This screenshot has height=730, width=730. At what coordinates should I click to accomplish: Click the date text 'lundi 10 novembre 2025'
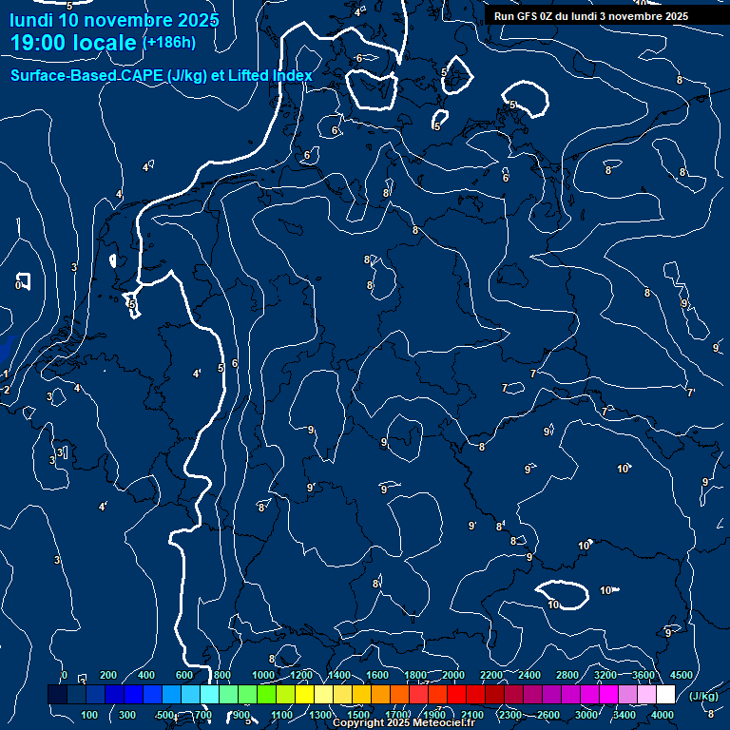pos(114,20)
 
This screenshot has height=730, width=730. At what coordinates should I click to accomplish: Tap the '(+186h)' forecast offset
pos(169,42)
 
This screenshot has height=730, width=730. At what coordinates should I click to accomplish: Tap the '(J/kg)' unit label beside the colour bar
pos(702,697)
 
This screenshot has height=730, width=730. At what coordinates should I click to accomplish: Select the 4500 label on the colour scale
pos(681,675)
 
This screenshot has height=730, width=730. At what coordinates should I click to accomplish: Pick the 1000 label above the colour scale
pos(263,675)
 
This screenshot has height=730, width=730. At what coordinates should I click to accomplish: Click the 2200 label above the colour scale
pos(491,675)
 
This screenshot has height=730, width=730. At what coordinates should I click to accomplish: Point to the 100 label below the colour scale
pos(89,715)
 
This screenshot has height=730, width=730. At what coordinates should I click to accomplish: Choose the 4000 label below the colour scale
pos(663,715)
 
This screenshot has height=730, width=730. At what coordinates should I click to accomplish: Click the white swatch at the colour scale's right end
pos(665,695)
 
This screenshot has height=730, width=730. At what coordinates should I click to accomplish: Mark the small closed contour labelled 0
pos(23,281)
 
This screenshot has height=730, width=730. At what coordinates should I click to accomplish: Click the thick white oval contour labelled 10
pos(561,594)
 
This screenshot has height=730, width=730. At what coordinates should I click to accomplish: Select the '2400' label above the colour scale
pos(529,675)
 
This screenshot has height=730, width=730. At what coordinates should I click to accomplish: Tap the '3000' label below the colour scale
pos(586,715)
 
